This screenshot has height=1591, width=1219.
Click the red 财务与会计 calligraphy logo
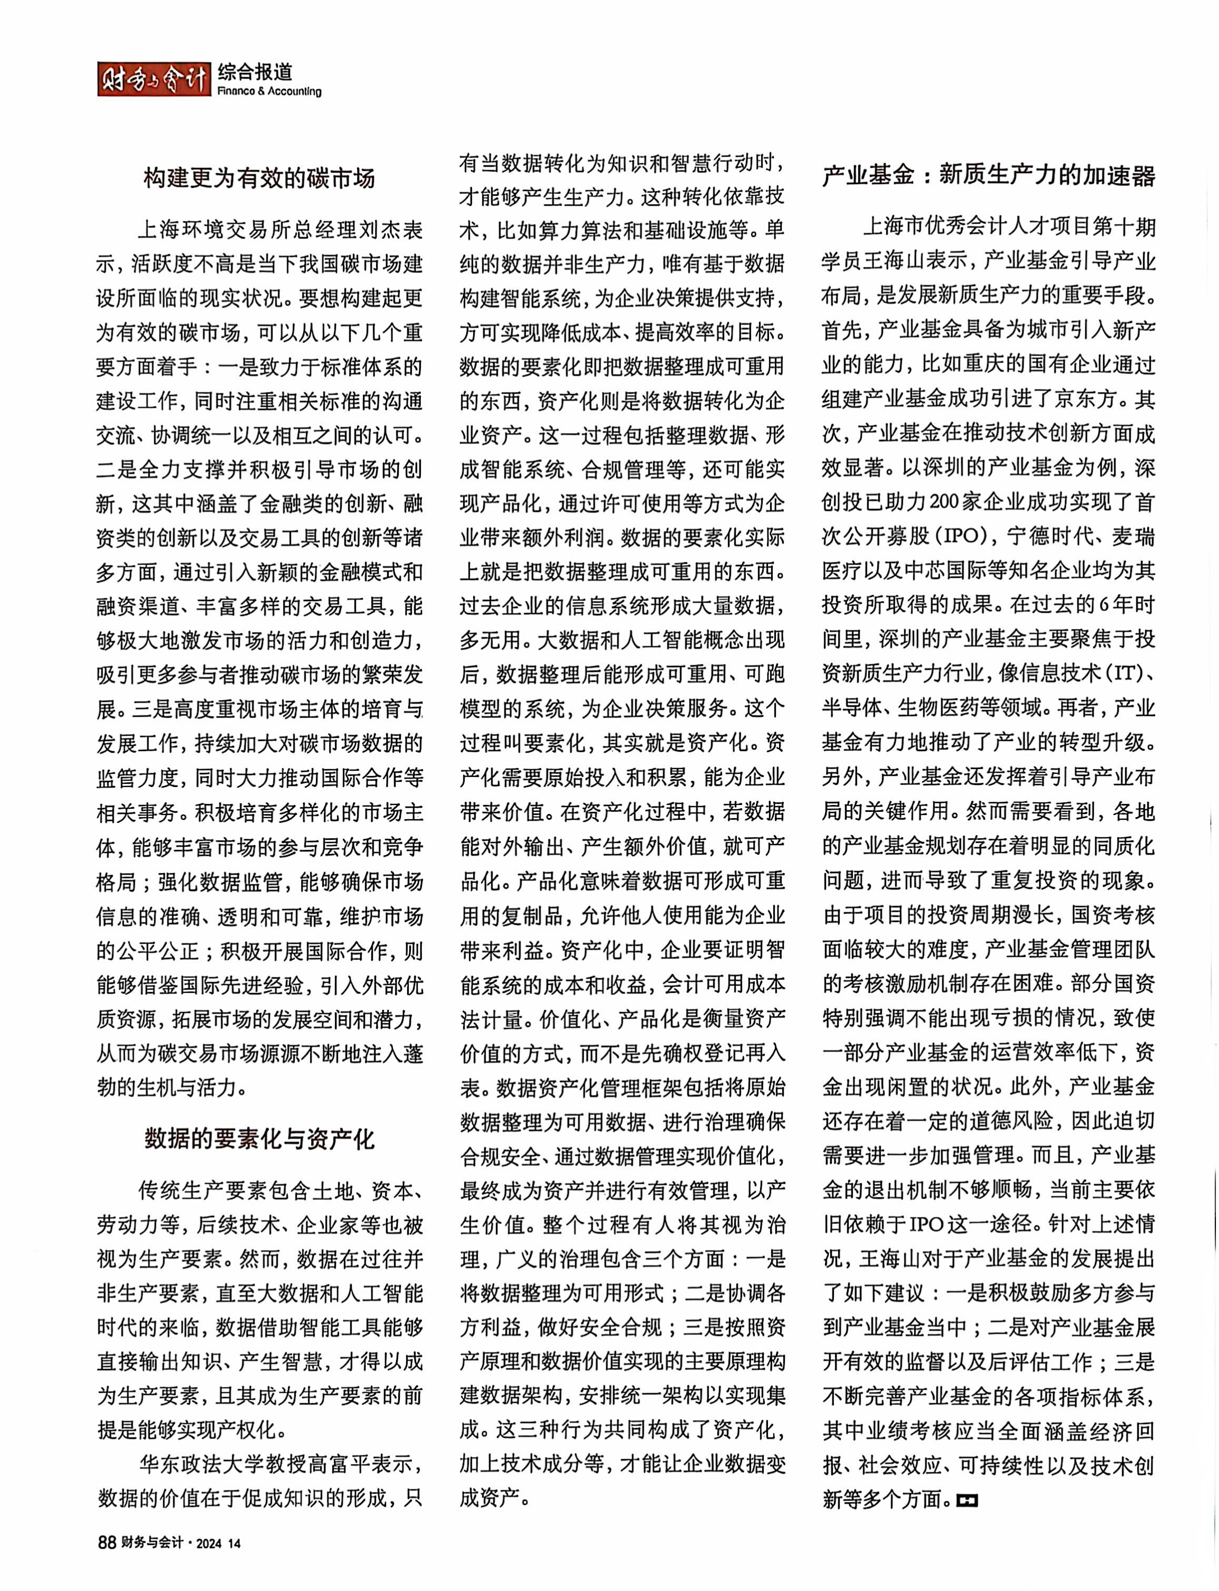tap(153, 80)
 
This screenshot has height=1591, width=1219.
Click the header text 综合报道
tap(254, 72)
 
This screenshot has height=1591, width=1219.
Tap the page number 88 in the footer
tap(106, 1542)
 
